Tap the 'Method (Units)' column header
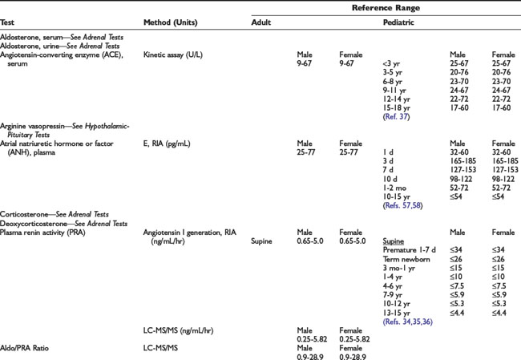point(172,22)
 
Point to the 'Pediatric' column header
point(399,22)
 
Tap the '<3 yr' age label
point(393,63)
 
